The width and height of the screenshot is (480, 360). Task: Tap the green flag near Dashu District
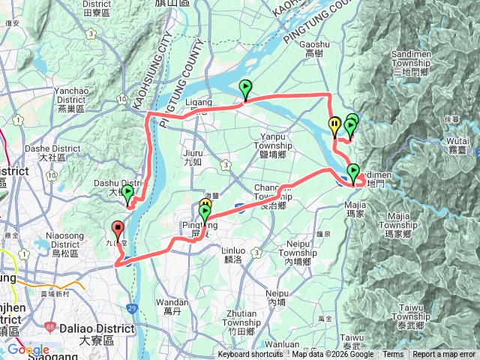[127, 193]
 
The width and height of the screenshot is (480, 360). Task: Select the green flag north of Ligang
[245, 89]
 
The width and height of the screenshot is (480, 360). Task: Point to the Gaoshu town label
[314, 50]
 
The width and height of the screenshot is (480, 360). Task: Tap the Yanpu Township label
[279, 141]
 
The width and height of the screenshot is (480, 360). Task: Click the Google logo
[28, 349]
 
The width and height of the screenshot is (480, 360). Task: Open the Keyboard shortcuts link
[250, 355]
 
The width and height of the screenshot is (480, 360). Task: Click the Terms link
[393, 355]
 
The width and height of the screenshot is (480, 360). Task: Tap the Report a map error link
[444, 355]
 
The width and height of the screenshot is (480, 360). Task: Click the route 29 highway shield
[132, 307]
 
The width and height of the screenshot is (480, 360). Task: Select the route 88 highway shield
[50, 327]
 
